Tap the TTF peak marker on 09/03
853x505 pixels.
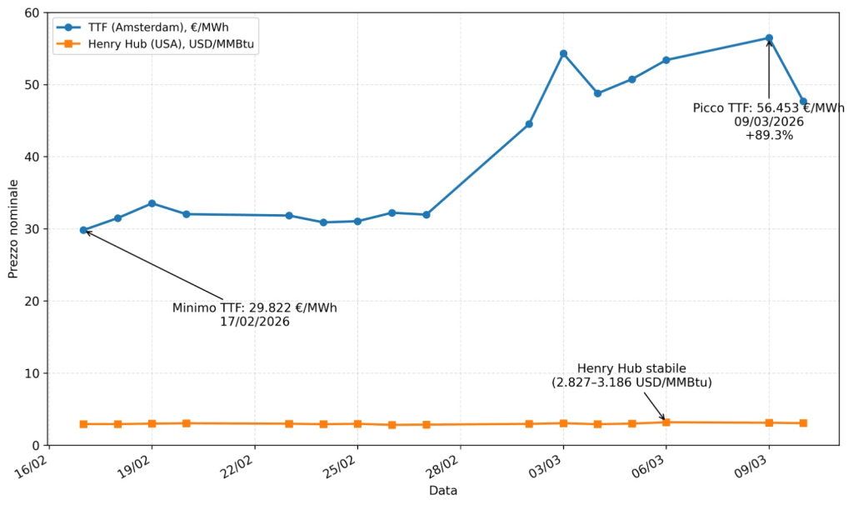[x=769, y=38]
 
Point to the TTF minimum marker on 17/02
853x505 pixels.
[x=83, y=230]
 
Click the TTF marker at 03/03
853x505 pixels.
[x=563, y=53]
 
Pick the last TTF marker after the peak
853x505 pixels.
[x=803, y=102]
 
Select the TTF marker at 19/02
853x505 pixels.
[x=152, y=203]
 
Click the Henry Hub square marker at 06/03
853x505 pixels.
[x=666, y=422]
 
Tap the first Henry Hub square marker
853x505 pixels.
[x=83, y=424]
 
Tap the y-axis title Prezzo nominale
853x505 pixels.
[x=13, y=228]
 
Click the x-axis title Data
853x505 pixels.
[x=443, y=491]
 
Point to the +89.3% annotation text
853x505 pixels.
[x=769, y=135]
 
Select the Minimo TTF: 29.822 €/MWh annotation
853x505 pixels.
[x=255, y=308]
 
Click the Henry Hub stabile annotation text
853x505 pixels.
[x=631, y=369]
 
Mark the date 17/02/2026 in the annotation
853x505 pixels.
[x=255, y=322]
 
